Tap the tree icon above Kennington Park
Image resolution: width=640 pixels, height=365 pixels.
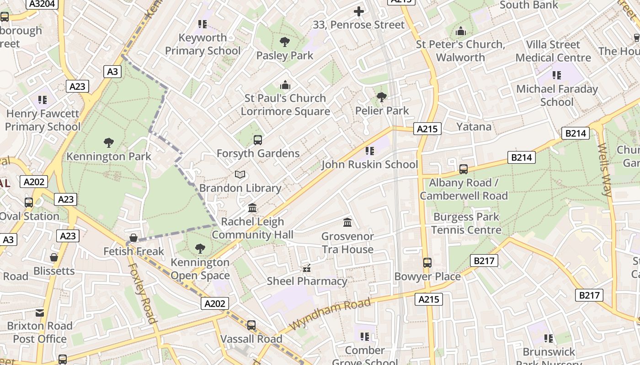point(109,143)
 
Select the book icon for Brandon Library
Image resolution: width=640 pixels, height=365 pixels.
point(240,174)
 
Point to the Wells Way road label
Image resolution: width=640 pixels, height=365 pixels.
point(604,170)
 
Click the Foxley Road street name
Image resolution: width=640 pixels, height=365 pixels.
point(142,292)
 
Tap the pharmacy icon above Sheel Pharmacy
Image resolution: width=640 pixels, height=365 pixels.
point(307,268)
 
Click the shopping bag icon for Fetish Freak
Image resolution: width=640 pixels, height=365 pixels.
point(133,238)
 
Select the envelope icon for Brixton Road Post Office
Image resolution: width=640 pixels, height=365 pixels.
point(40,313)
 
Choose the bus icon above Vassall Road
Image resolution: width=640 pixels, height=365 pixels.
point(251,325)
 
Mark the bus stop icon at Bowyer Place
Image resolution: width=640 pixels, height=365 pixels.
point(427,263)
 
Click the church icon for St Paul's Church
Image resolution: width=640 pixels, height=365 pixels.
point(285,85)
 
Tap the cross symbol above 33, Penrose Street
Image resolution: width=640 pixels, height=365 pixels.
point(359,11)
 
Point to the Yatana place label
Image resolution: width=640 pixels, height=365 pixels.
point(474,126)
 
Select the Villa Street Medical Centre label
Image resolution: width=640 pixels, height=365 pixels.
point(553,51)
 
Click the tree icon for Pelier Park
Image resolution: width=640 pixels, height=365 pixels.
point(382,97)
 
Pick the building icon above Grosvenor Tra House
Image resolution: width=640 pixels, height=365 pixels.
point(347,223)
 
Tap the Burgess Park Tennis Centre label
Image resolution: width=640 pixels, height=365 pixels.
point(466,223)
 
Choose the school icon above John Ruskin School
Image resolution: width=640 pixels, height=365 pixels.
point(370,151)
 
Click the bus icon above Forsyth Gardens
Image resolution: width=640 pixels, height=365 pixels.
point(258,140)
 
